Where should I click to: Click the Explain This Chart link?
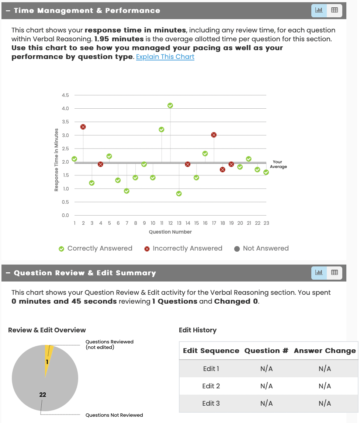point(165,57)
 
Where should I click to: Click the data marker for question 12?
point(170,105)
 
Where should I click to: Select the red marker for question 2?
point(83,127)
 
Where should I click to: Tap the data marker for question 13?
point(179,193)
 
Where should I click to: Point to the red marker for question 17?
point(214,135)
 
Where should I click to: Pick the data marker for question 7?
point(127,191)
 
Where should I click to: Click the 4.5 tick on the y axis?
point(65,95)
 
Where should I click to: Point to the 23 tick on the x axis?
point(266,223)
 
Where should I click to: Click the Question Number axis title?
point(170,232)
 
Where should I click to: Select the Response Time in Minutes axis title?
point(56,160)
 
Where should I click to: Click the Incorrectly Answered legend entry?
point(183,248)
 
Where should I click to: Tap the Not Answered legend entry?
point(262,248)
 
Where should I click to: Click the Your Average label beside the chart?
point(278,164)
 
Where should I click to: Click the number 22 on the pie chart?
point(43,395)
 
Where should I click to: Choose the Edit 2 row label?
point(211,386)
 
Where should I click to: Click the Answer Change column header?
point(325,351)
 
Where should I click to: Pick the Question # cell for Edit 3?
point(266,403)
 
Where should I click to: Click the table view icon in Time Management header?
point(335,10)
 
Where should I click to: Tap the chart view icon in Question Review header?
point(319,273)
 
